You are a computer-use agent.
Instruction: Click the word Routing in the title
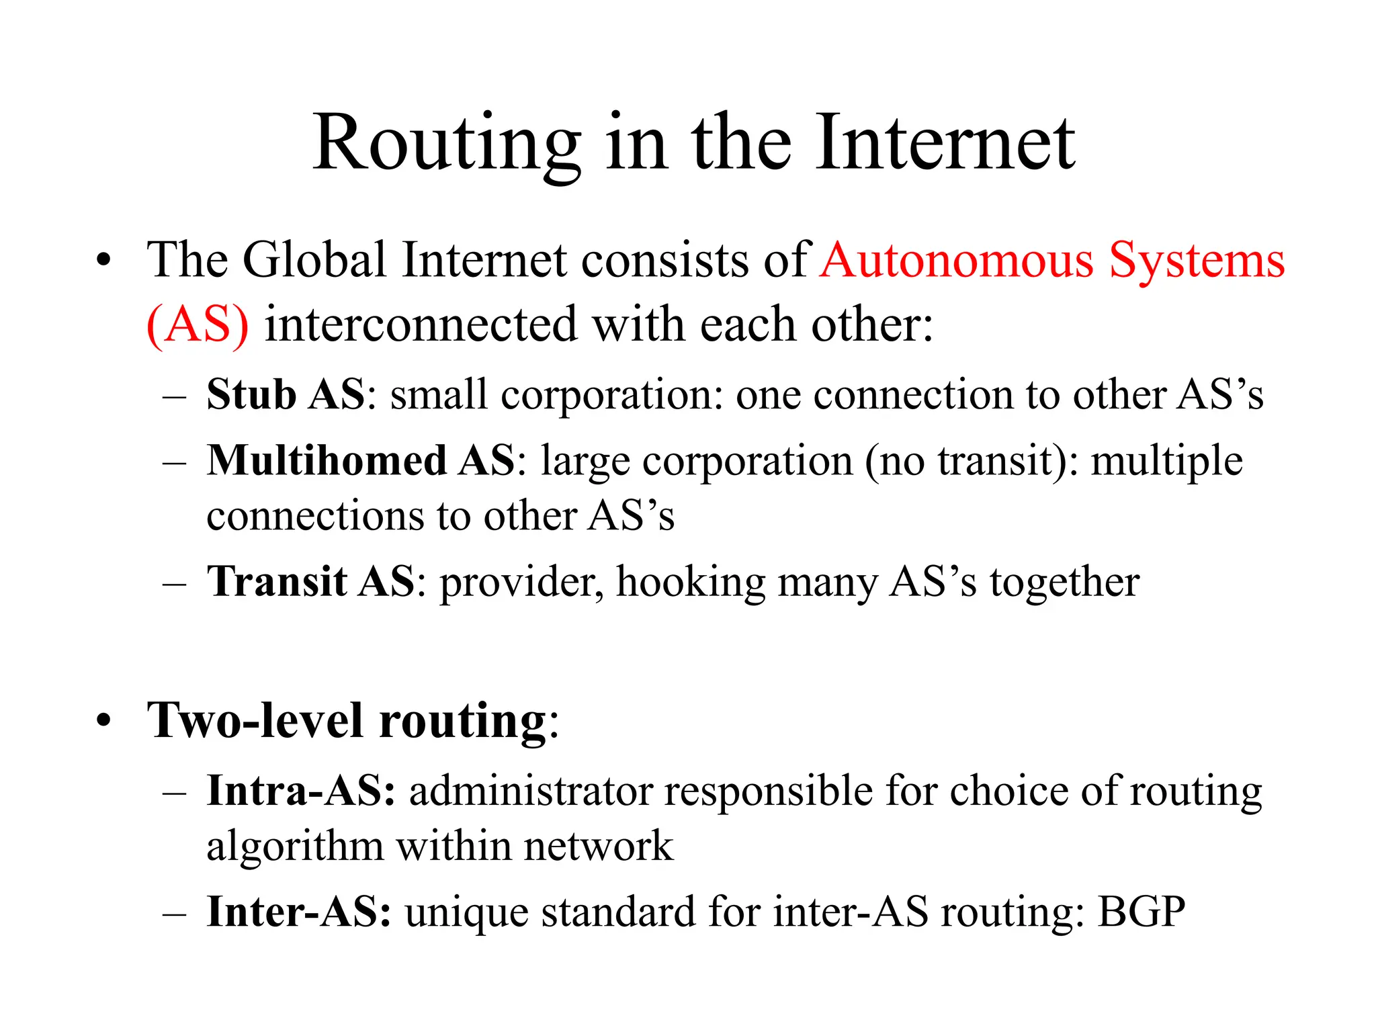[x=446, y=144]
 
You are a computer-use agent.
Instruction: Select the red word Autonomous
[x=957, y=260]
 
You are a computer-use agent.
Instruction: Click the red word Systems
[x=1197, y=261]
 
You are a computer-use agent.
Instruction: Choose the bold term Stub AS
[x=286, y=394]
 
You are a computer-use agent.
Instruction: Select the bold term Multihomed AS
[x=361, y=461]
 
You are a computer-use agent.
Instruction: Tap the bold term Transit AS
[x=311, y=581]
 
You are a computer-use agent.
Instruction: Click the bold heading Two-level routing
[x=347, y=721]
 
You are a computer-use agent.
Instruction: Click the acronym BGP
[x=1142, y=912]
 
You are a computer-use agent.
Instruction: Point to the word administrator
[x=531, y=791]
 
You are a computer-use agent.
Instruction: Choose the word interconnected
[x=421, y=325]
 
